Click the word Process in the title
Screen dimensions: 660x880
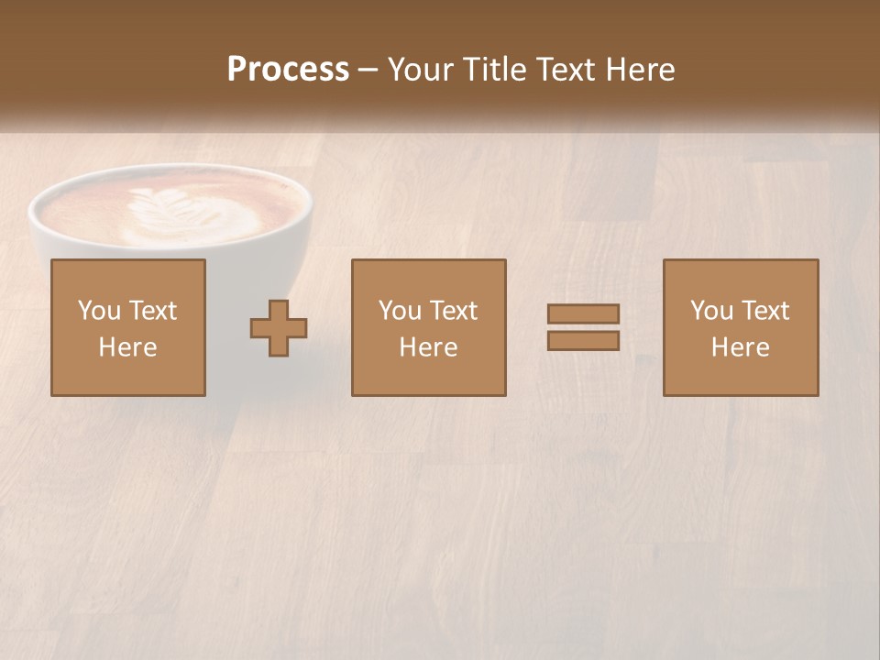[x=288, y=70]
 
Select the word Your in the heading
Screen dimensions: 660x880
[x=420, y=70]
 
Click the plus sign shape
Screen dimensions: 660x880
[x=279, y=328]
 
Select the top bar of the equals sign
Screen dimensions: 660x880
[x=583, y=313]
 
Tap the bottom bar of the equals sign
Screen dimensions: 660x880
[x=583, y=341]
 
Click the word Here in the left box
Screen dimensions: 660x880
[x=128, y=347]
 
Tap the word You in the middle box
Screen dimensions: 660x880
[x=400, y=311]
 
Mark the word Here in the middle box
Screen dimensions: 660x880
[x=429, y=347]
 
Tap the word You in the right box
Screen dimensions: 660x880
[x=711, y=311]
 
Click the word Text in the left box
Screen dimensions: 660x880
[x=152, y=311]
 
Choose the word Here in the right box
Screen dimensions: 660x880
[x=741, y=347]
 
